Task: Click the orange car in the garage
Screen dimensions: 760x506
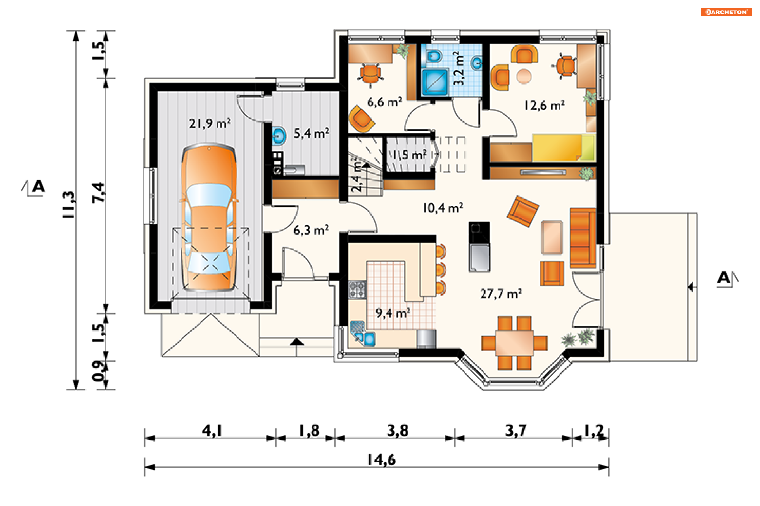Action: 209,218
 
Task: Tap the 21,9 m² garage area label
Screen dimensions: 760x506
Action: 210,124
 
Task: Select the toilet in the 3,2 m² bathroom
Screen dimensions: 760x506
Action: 434,56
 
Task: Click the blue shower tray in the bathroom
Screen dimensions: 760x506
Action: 435,82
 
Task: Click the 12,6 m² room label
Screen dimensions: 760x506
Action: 545,106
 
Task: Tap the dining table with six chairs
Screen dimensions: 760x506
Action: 514,343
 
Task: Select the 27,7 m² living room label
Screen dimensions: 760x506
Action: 501,294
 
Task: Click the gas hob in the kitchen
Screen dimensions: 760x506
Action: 357,289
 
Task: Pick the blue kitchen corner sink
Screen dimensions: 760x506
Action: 363,334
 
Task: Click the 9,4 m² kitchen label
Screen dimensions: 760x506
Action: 393,313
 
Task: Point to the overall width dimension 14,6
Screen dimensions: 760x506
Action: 381,460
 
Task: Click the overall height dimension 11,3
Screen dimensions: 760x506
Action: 68,205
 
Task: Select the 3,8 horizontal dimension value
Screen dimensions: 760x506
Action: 397,430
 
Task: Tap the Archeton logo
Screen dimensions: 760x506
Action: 726,12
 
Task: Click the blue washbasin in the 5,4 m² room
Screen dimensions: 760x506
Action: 279,136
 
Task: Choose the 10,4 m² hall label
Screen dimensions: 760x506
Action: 443,208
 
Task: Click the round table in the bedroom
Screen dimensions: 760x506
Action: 524,76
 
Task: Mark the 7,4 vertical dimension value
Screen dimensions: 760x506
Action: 99,193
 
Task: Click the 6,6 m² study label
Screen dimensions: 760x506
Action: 384,102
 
